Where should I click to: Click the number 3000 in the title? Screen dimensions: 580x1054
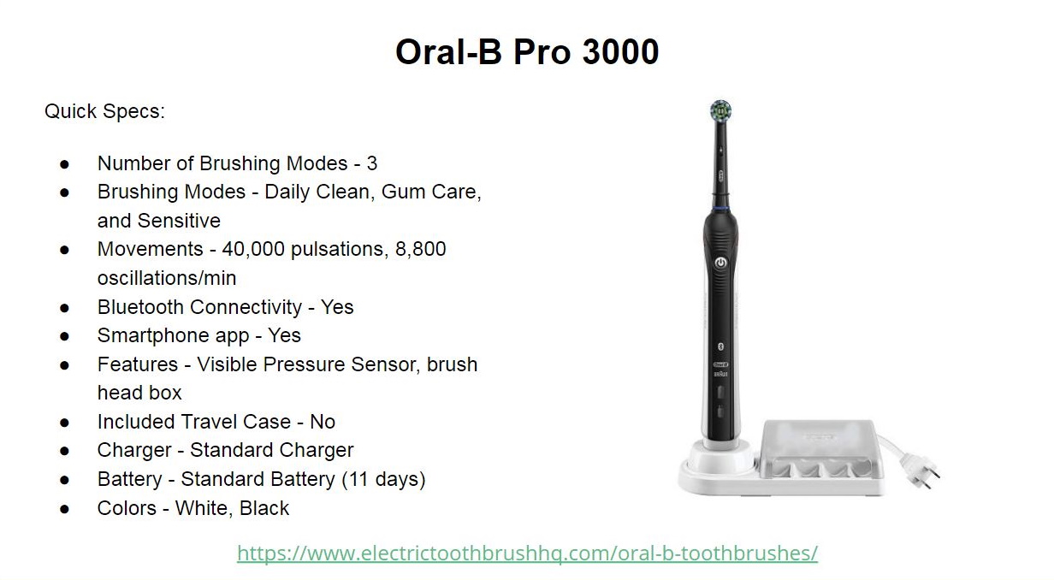619,52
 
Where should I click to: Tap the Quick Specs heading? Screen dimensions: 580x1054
104,111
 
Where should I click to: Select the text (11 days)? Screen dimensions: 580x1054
383,479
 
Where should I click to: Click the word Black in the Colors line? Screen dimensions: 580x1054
264,508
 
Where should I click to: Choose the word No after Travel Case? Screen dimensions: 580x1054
323,422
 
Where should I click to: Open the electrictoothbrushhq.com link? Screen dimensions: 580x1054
527,553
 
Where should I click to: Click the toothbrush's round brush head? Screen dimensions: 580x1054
721,110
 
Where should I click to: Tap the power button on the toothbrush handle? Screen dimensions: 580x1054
720,262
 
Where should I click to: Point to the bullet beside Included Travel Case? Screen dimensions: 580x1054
65,422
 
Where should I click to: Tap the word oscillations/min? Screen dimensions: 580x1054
167,278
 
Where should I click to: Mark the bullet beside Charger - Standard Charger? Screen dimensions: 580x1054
65,450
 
